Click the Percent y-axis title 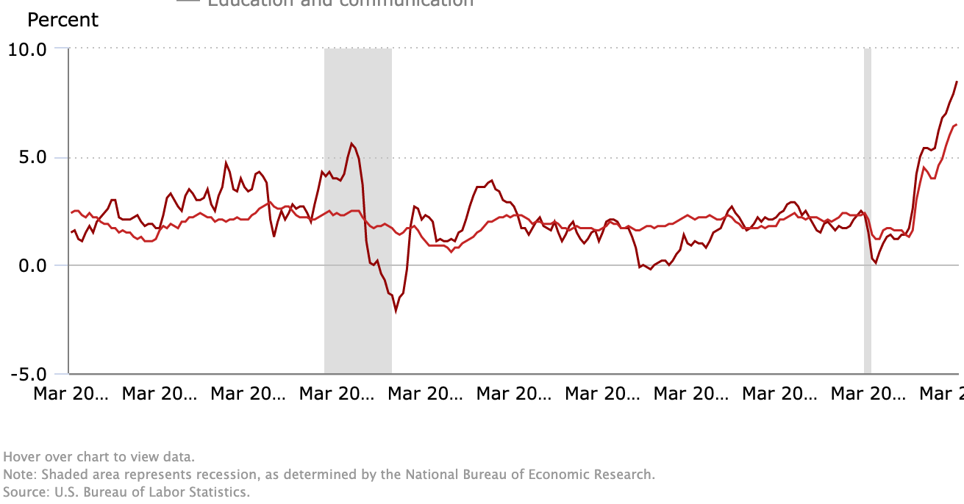[x=63, y=20]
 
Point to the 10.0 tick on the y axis [x=27, y=49]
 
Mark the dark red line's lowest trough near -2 [x=396, y=311]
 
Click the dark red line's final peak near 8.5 [x=957, y=82]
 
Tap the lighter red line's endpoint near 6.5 [x=956, y=125]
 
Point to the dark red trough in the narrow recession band [x=876, y=262]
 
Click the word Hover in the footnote [x=21, y=457]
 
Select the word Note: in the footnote [x=20, y=475]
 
